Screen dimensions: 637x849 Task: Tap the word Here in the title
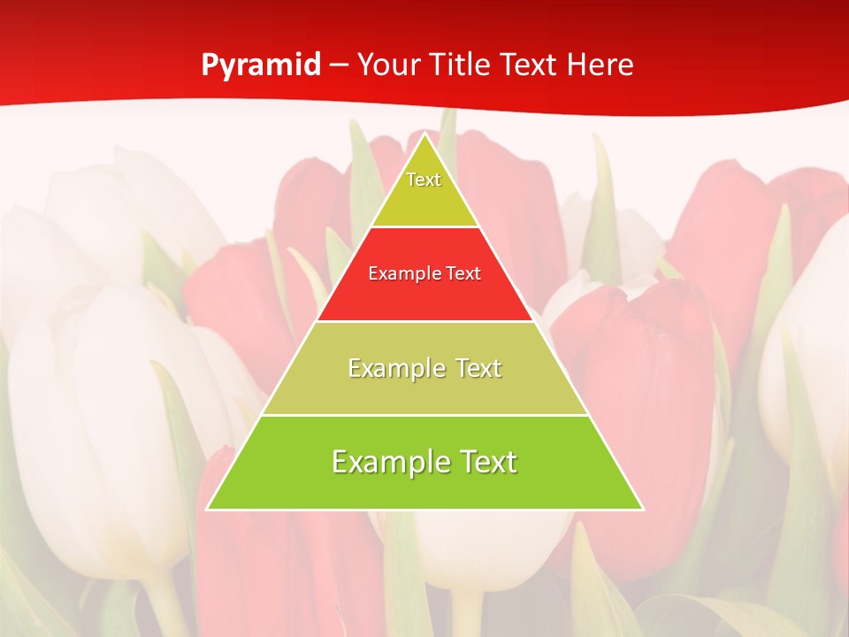pos(601,65)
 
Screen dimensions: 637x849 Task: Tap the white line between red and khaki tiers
pos(424,321)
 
